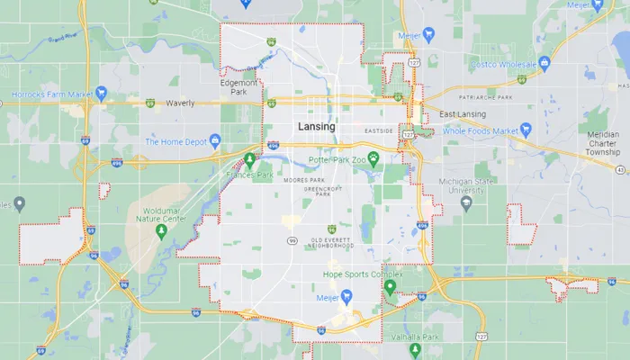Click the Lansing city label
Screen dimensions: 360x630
pos(316,127)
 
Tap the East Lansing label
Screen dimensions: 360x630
pos(463,114)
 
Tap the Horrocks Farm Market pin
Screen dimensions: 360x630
pos(102,93)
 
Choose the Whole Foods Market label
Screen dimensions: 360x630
pos(482,131)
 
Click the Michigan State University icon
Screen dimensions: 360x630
pos(466,202)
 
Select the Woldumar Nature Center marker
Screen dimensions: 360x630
pos(161,232)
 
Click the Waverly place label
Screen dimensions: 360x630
pos(180,103)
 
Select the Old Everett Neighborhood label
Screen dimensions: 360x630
pos(332,241)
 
